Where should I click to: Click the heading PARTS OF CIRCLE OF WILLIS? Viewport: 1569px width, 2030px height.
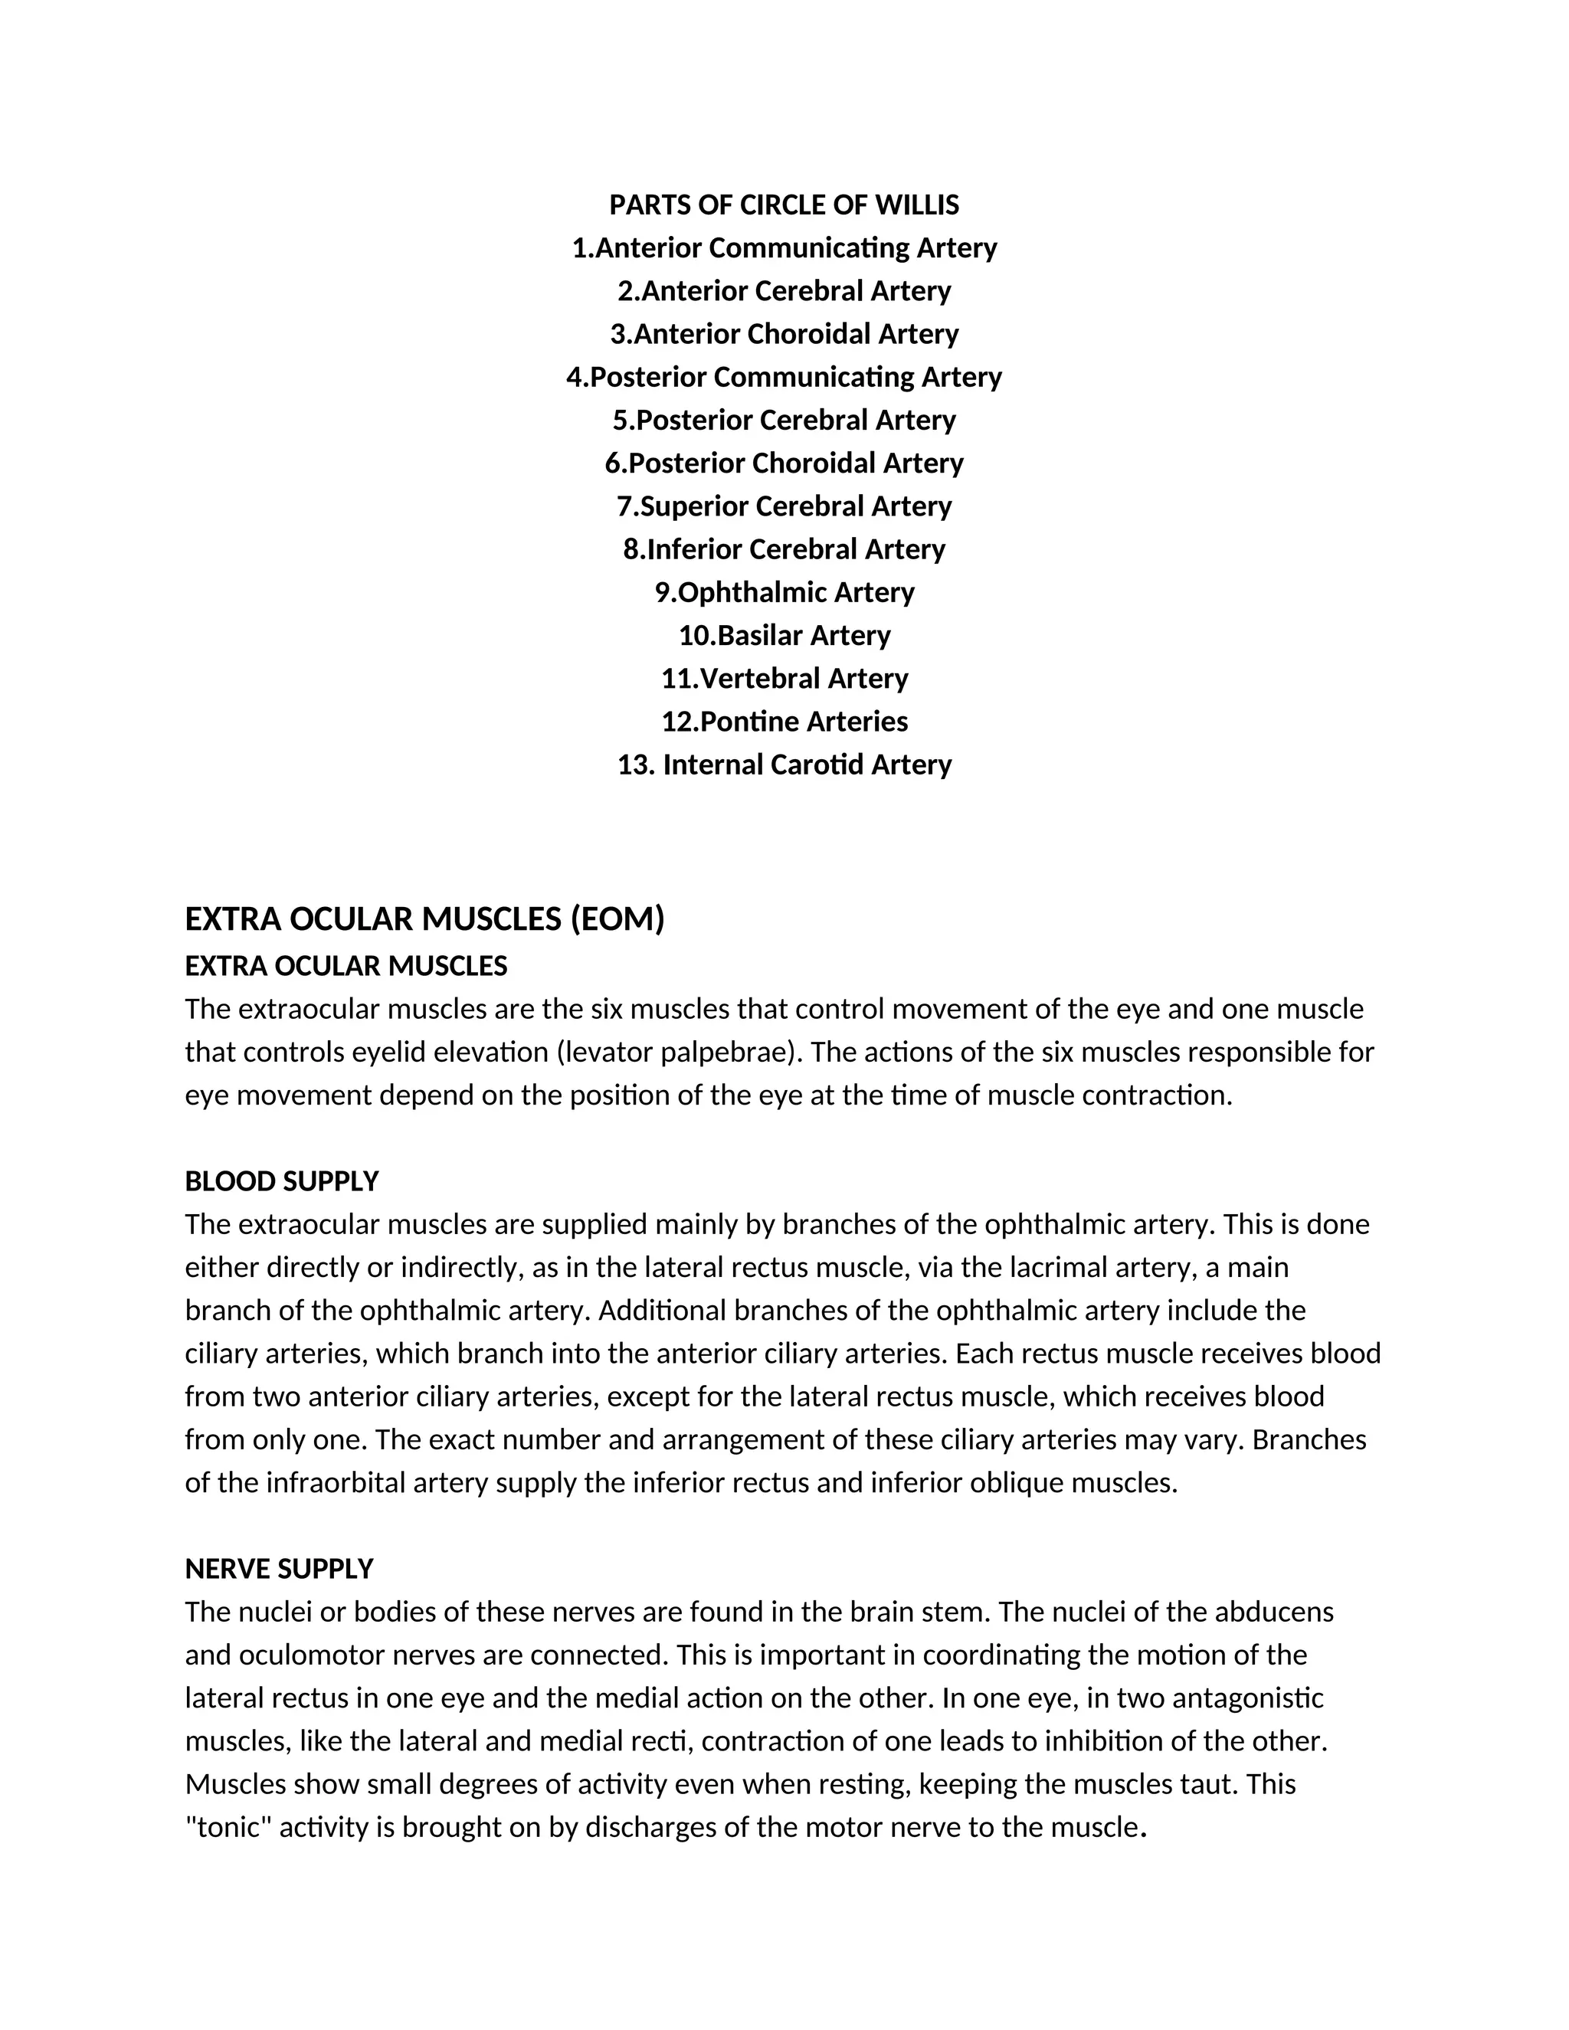tap(784, 205)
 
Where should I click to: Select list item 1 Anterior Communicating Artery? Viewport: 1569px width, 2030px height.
tap(784, 248)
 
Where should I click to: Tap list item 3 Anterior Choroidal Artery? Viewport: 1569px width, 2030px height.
tap(784, 335)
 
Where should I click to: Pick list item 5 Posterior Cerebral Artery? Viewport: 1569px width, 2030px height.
tap(784, 420)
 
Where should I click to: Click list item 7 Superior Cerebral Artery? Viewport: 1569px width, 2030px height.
tap(784, 506)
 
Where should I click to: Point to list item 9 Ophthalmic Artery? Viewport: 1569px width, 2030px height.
tap(784, 593)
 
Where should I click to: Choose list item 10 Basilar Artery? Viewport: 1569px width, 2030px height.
tap(784, 636)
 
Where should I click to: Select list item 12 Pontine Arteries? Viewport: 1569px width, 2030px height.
tap(784, 722)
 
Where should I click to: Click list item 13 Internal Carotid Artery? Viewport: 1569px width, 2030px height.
tap(784, 765)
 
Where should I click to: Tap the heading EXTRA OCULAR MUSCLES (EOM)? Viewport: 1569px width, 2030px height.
tap(424, 919)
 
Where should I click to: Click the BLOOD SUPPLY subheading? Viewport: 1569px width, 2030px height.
tap(282, 1181)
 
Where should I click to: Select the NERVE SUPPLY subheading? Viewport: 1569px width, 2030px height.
tap(279, 1569)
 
